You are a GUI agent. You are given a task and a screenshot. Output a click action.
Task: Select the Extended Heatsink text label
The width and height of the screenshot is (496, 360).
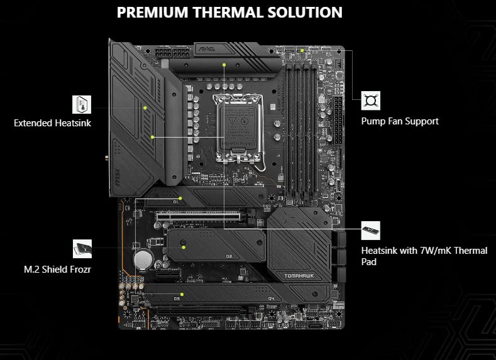(x=52, y=123)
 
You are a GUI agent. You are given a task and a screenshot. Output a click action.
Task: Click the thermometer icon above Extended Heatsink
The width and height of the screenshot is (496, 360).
(x=82, y=104)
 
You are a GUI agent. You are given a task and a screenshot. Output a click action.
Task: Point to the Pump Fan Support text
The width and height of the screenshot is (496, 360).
(x=400, y=121)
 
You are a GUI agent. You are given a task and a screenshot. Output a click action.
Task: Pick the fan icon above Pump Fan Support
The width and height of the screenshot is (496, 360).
(x=370, y=101)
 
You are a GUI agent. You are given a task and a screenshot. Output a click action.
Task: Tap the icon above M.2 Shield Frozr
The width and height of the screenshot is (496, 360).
(x=82, y=249)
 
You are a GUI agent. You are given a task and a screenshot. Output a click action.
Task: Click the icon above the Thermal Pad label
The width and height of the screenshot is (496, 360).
(x=371, y=230)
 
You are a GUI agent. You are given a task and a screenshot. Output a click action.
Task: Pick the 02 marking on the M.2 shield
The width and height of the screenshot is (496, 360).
(x=228, y=256)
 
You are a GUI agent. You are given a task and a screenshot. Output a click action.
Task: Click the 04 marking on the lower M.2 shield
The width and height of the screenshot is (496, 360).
(x=272, y=298)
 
